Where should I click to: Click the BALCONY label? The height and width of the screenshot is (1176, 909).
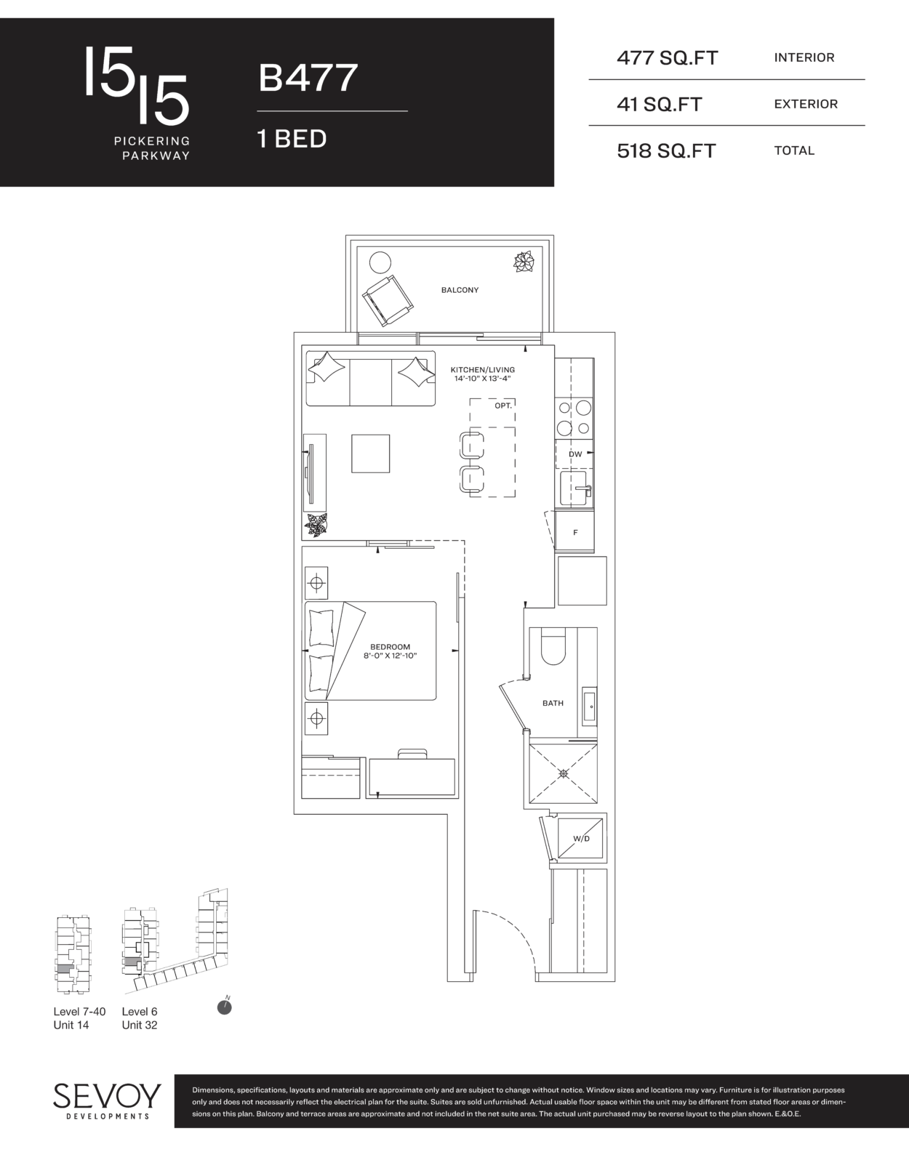point(460,290)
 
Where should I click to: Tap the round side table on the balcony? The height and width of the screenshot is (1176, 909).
point(380,263)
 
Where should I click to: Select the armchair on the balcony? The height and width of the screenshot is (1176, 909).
point(388,301)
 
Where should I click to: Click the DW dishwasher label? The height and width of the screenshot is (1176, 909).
point(575,454)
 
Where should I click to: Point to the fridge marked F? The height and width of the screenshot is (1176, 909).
point(575,531)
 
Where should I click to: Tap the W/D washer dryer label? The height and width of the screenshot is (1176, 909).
point(582,838)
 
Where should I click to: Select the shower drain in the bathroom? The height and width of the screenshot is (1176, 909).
point(564,774)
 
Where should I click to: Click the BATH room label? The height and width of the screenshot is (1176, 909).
point(553,703)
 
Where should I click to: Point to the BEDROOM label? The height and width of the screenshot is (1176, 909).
point(390,647)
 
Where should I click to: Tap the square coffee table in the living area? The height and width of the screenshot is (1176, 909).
point(370,454)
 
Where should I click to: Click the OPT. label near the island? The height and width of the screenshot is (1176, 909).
point(503,406)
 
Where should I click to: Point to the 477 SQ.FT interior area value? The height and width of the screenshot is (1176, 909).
point(667,58)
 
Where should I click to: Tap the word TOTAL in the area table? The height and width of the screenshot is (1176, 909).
point(794,150)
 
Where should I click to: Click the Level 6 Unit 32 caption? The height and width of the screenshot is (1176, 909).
point(140,1018)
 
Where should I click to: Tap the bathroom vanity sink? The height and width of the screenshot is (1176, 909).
point(589,706)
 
